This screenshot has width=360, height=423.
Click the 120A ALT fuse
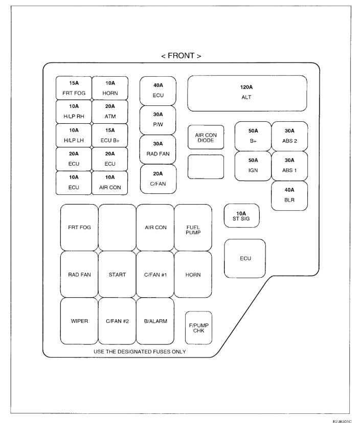click(x=247, y=93)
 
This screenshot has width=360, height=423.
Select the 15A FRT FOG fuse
click(x=74, y=88)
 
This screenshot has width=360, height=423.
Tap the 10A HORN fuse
click(x=110, y=88)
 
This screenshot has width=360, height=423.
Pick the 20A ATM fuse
click(x=110, y=112)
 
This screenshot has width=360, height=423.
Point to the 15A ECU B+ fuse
click(x=110, y=136)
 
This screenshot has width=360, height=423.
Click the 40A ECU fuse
click(x=158, y=91)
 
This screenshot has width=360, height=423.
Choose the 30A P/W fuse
click(x=158, y=120)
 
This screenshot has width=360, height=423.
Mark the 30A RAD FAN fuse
click(x=158, y=149)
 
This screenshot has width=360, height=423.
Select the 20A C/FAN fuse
click(x=158, y=179)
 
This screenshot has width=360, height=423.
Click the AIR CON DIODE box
click(x=206, y=137)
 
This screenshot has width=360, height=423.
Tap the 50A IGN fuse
click(x=253, y=166)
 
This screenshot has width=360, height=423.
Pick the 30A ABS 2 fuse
click(x=289, y=136)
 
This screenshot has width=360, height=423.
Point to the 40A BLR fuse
click(x=289, y=196)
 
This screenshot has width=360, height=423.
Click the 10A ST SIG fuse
click(x=242, y=215)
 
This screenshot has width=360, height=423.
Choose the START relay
click(x=117, y=274)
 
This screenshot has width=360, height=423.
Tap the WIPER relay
click(x=79, y=321)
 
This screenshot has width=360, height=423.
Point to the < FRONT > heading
click(x=181, y=55)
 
